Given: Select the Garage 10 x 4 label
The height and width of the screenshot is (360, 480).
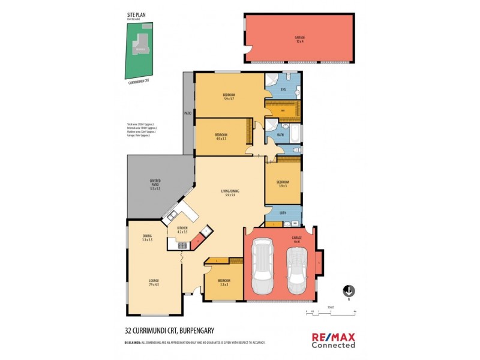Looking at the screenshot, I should (299, 38).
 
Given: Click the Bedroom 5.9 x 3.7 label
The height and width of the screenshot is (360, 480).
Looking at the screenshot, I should (229, 97).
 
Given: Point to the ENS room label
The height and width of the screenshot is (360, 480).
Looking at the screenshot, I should (283, 89).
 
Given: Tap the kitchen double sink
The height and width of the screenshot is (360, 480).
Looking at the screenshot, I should (172, 215).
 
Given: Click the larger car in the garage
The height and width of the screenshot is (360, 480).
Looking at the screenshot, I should (263, 268).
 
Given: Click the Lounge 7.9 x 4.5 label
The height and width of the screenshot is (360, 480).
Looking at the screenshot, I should (154, 283).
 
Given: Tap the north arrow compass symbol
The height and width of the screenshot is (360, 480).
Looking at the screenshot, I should (348, 291).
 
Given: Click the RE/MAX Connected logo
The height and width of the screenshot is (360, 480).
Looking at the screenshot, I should (333, 340).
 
